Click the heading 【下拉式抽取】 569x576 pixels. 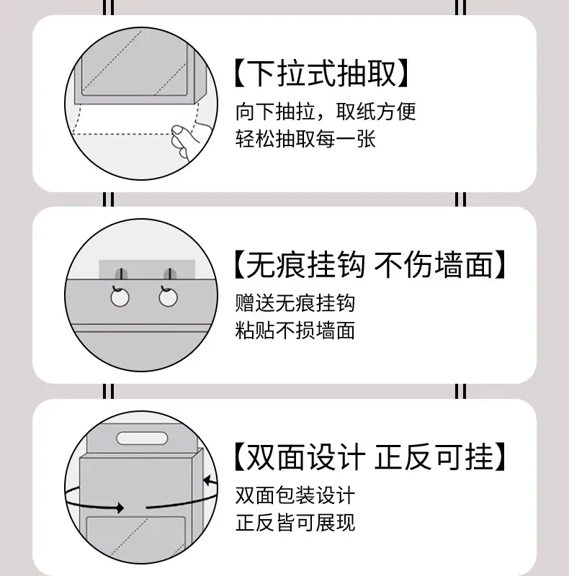322,73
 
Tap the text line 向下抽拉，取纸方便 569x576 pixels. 326,112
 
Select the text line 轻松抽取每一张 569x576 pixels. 305,139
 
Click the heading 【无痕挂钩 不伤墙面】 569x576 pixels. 370,264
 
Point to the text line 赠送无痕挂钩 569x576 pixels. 295,303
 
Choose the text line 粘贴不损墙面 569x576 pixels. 295,330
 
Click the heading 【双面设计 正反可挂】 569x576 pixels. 370,456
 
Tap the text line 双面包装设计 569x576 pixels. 295,495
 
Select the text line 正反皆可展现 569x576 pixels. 295,523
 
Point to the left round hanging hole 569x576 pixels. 120,297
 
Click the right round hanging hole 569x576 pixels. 169,297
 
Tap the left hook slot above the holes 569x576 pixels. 121,274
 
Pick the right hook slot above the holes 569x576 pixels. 169,274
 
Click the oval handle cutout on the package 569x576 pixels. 142,438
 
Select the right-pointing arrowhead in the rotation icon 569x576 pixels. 120,508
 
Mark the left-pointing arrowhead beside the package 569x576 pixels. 207,480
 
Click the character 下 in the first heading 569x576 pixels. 260,73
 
